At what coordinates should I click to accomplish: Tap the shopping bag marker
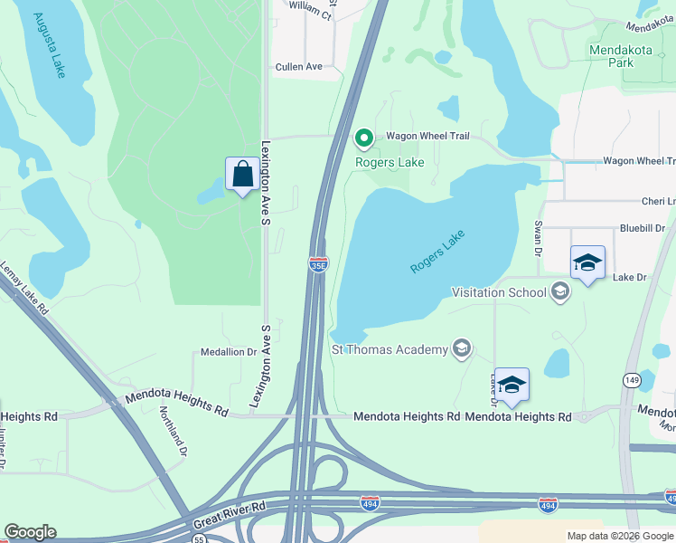click(x=242, y=174)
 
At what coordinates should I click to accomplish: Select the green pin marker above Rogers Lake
click(x=364, y=138)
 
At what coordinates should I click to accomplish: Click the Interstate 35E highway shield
click(x=318, y=263)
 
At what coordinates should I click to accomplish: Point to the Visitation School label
click(x=499, y=291)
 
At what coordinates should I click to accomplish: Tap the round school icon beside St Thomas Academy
click(x=462, y=349)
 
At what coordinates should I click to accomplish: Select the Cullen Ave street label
click(x=299, y=67)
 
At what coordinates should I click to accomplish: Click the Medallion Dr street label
click(x=229, y=352)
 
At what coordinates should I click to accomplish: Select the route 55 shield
click(x=199, y=538)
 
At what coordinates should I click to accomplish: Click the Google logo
click(x=30, y=532)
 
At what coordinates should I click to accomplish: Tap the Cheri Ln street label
click(x=657, y=202)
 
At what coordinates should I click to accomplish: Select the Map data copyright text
click(x=620, y=536)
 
